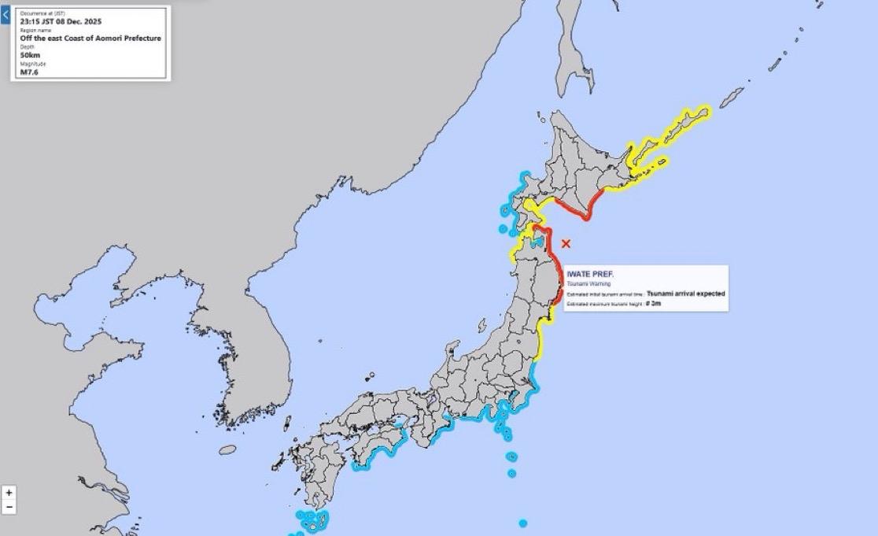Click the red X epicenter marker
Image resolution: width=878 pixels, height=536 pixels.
[566, 244]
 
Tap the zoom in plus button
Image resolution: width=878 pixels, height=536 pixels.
[9, 493]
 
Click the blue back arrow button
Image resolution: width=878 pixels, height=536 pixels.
[5, 15]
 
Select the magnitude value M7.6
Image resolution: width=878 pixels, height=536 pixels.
[29, 72]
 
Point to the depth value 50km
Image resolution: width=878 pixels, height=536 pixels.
[31, 55]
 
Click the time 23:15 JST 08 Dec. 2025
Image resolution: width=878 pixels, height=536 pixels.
[61, 21]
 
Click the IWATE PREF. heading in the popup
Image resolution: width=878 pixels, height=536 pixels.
[590, 274]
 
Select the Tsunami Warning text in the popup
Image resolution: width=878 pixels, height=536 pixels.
[589, 283]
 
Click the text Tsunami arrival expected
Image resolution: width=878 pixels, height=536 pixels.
[685, 294]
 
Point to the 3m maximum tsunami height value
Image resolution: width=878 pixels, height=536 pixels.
[654, 303]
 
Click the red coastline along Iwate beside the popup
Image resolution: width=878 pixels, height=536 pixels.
[558, 272]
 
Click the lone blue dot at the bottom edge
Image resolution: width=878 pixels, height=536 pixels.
[522, 523]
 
